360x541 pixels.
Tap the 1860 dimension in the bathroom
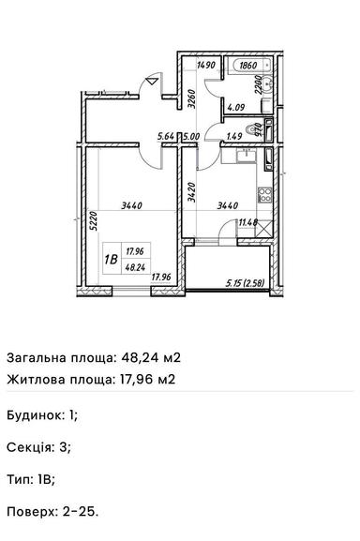(248, 66)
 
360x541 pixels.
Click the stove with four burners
(265, 199)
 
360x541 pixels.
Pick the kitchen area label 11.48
(248, 222)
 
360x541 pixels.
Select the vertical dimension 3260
(191, 100)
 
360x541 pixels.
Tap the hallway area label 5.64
(168, 137)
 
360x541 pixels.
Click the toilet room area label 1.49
(234, 137)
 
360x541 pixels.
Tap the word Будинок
(36, 413)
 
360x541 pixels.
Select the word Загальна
(39, 357)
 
